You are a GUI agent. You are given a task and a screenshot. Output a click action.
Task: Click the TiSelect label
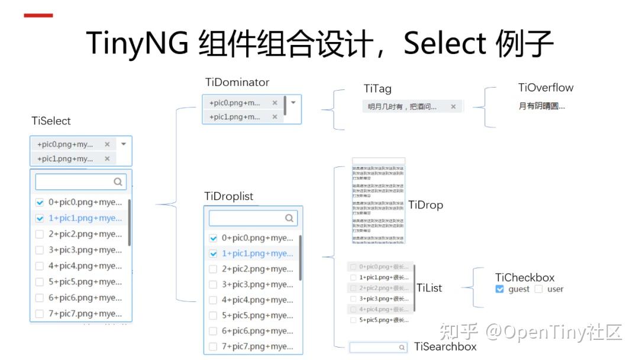pyautogui.click(x=51, y=121)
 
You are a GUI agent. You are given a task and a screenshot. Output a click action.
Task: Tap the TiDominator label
pyautogui.click(x=237, y=82)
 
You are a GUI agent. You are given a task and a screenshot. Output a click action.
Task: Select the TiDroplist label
pyautogui.click(x=228, y=196)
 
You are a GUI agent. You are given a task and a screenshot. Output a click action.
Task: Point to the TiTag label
pyautogui.click(x=377, y=89)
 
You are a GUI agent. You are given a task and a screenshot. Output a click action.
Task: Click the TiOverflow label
pyautogui.click(x=546, y=88)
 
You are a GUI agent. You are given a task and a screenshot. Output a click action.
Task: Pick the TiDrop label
pyautogui.click(x=425, y=205)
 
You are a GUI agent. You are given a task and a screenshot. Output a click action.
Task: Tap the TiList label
pyautogui.click(x=429, y=288)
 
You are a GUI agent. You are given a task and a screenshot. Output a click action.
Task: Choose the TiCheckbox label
pyautogui.click(x=525, y=277)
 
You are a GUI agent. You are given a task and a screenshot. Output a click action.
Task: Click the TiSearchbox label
pyautogui.click(x=445, y=346)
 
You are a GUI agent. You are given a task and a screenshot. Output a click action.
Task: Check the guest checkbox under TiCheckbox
pyautogui.click(x=500, y=289)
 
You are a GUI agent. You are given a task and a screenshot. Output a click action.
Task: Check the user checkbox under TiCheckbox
pyautogui.click(x=538, y=289)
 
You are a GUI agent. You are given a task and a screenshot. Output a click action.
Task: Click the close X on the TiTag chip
pyautogui.click(x=453, y=107)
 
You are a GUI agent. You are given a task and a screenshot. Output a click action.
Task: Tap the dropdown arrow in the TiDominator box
pyautogui.click(x=293, y=102)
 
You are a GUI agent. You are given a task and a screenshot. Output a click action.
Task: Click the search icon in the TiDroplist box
pyautogui.click(x=289, y=218)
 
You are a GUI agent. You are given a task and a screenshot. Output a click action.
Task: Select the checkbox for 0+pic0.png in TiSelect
pyautogui.click(x=40, y=202)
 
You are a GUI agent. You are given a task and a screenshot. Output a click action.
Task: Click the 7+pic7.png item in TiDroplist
pyautogui.click(x=257, y=346)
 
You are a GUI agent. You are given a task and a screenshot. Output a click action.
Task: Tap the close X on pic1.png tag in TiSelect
pyautogui.click(x=107, y=159)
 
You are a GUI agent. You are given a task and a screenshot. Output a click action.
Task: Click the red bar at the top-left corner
pyautogui.click(x=38, y=15)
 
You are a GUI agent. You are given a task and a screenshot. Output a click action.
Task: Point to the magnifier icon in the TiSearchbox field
pyautogui.click(x=402, y=348)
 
